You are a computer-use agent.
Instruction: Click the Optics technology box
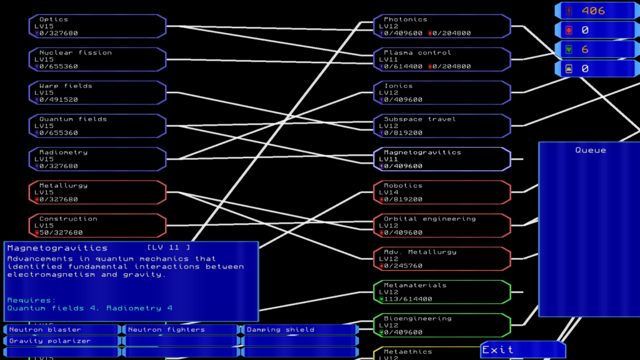[97, 26]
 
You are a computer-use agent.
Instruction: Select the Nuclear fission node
[97, 59]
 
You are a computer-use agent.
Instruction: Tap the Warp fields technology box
[97, 92]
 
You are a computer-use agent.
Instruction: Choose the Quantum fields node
[97, 126]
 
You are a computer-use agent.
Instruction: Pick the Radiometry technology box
[97, 159]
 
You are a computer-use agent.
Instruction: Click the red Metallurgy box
[97, 192]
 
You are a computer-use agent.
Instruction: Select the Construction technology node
[97, 225]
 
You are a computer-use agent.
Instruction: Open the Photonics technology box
[442, 26]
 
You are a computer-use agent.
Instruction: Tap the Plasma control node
[442, 59]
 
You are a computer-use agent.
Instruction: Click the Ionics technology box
[442, 92]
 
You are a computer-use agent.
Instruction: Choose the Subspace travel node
[442, 126]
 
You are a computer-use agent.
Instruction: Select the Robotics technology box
[442, 192]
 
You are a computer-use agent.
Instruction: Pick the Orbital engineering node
[442, 225]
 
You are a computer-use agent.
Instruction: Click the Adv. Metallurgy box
[442, 258]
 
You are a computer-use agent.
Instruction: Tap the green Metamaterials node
[442, 291]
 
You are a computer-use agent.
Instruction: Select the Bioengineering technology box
[442, 324]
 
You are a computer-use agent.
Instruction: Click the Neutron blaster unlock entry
[61, 329]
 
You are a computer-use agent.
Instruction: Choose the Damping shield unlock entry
[299, 329]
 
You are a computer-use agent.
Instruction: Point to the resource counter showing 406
[596, 11]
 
